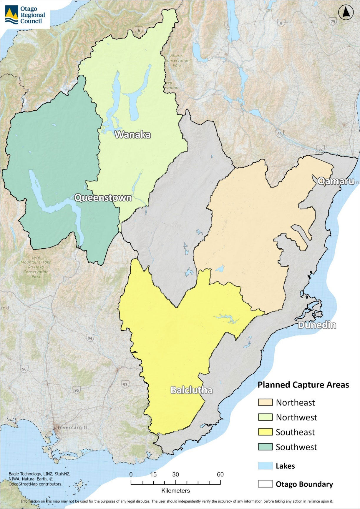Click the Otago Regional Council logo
click(25, 15)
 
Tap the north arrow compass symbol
click(346, 13)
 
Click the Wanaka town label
click(133, 135)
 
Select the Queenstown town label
click(103, 197)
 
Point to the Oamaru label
click(336, 181)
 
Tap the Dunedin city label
click(317, 325)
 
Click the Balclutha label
click(191, 390)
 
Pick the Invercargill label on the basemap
click(72, 428)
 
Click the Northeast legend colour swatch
click(265, 402)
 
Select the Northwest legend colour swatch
click(265, 417)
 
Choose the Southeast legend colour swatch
click(265, 432)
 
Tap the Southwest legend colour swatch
click(265, 447)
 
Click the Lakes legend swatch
click(265, 466)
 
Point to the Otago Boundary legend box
click(265, 484)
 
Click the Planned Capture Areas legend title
click(303, 385)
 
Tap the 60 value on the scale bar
click(220, 474)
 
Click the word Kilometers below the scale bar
click(175, 490)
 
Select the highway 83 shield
click(279, 134)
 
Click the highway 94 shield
click(90, 338)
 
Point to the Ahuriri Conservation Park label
click(177, 60)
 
